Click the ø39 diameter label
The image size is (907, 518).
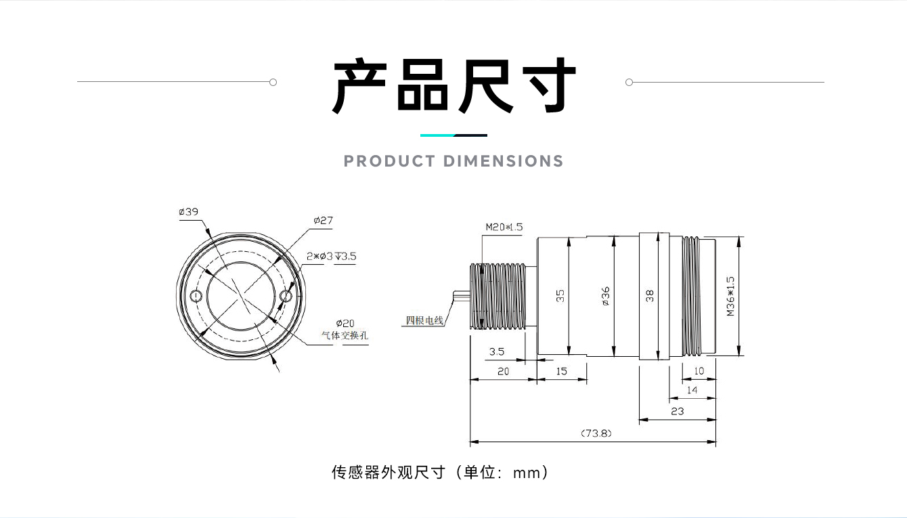189,212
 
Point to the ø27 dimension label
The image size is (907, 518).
323,221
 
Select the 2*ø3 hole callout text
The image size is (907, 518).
331,257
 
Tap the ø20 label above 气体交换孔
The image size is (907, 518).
345,323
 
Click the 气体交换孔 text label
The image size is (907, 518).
345,335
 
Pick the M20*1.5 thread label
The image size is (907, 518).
504,228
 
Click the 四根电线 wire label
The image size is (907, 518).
424,320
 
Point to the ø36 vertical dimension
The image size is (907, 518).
606,295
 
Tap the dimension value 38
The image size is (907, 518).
650,296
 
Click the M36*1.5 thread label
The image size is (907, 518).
730,296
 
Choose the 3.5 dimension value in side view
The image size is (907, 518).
497,351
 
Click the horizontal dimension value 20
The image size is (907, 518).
503,371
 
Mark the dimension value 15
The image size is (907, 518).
562,371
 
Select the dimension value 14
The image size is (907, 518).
692,390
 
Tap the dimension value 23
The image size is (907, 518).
677,410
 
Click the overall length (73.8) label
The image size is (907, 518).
596,433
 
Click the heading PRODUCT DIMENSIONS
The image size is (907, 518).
453,161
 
